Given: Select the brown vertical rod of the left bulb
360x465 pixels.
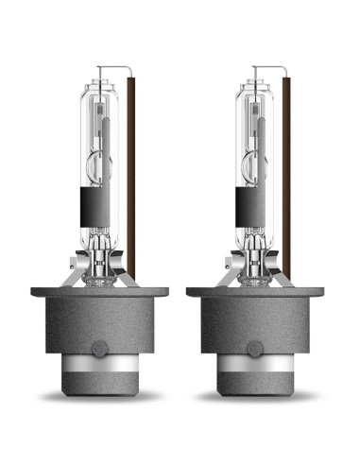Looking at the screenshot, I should click(131, 180).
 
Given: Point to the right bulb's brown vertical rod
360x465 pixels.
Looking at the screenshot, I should click(286, 180).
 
